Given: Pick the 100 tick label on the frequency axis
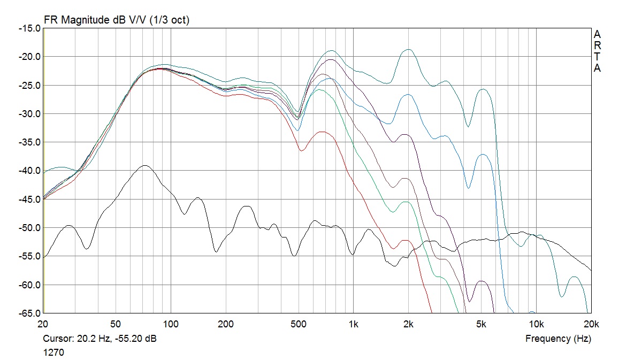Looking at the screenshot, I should pyautogui.click(x=171, y=324).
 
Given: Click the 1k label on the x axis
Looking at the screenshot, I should pyautogui.click(x=353, y=324).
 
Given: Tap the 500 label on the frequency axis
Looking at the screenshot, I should pyautogui.click(x=298, y=324).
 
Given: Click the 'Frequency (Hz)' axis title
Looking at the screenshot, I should pyautogui.click(x=558, y=339).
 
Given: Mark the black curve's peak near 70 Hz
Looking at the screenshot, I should pyautogui.click(x=145, y=166).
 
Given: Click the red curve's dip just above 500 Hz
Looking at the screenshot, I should pyautogui.click(x=301, y=151).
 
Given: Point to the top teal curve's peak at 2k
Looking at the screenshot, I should pyautogui.click(x=409, y=49).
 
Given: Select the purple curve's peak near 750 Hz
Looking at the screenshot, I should pyautogui.click(x=332, y=59).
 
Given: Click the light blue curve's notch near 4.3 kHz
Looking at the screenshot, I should pyautogui.click(x=468, y=188).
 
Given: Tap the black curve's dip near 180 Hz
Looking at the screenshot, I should pyautogui.click(x=216, y=251).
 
